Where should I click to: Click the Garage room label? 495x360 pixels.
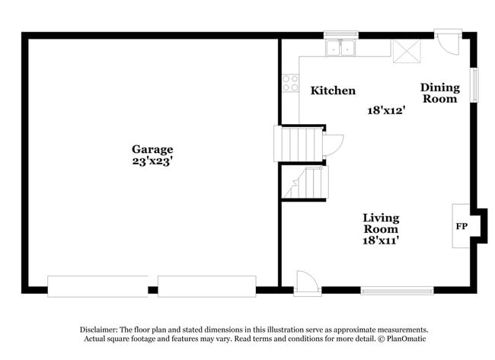coord(152,149)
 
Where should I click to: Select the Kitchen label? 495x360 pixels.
coord(333,91)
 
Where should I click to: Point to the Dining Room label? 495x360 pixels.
coord(439,93)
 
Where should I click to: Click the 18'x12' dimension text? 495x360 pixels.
coord(385,110)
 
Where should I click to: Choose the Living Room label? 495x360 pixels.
coord(381,223)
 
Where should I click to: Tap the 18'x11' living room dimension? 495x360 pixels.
coord(381,240)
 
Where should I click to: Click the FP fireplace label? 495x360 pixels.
coord(461,226)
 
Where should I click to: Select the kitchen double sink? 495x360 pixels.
coord(341,48)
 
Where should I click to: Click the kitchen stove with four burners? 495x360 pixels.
coord(290,82)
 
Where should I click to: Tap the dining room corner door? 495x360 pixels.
coord(449,43)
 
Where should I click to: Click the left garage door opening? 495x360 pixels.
coord(97,286)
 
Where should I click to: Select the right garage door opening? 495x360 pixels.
coord(206,286)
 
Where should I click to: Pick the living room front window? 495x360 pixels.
coord(397,290)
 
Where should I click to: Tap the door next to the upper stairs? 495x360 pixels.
coord(333,145)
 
